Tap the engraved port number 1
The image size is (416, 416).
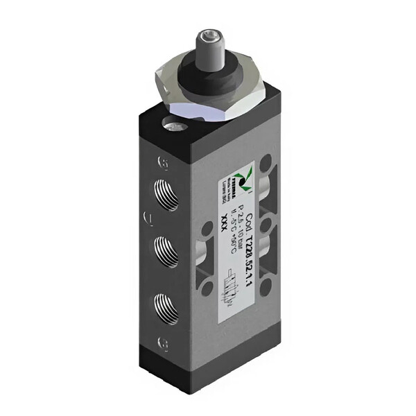[147, 220]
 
